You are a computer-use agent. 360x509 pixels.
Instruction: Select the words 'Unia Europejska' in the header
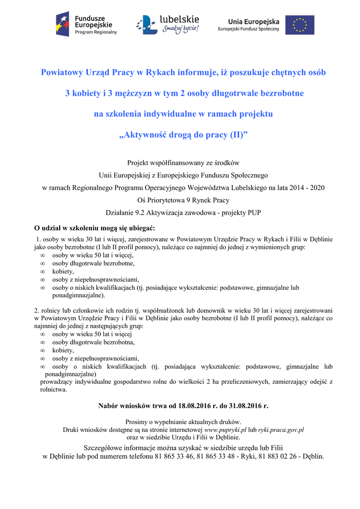pyautogui.click(x=254, y=21)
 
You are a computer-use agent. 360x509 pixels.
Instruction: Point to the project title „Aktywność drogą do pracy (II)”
pyautogui.click(x=183, y=135)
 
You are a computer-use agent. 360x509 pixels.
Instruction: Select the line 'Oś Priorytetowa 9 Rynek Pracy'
pyautogui.click(x=183, y=200)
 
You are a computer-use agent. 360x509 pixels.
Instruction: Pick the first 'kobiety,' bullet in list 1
pyautogui.click(x=63, y=271)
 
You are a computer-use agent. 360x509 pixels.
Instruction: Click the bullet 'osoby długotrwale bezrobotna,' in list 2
pyautogui.click(x=94, y=342)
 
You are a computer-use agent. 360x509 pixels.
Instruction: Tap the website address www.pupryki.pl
pyautogui.click(x=226, y=429)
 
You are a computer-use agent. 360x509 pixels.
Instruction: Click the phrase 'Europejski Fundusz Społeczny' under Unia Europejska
pyautogui.click(x=249, y=29)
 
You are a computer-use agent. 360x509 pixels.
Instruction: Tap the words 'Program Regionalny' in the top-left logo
pyautogui.click(x=96, y=32)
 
